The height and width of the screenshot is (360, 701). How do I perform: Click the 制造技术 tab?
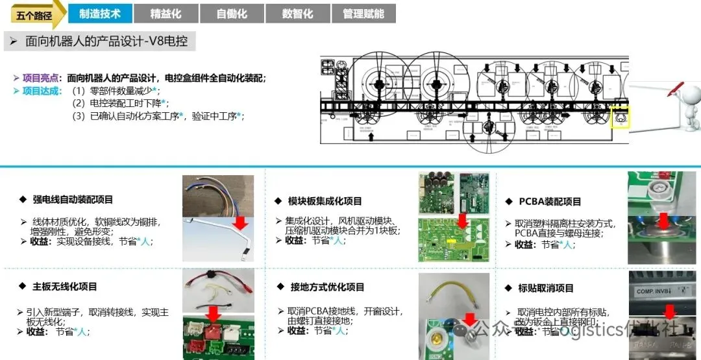click(99, 14)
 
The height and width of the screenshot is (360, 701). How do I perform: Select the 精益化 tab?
click(166, 14)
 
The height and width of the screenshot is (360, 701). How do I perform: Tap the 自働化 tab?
click(232, 14)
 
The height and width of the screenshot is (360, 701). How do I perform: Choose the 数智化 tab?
click(298, 14)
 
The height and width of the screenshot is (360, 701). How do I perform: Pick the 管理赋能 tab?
click(363, 14)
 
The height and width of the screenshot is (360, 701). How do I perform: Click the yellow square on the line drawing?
click(621, 117)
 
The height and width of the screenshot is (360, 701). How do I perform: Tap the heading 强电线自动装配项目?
click(73, 200)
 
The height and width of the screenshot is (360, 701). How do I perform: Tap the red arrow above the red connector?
click(212, 315)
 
